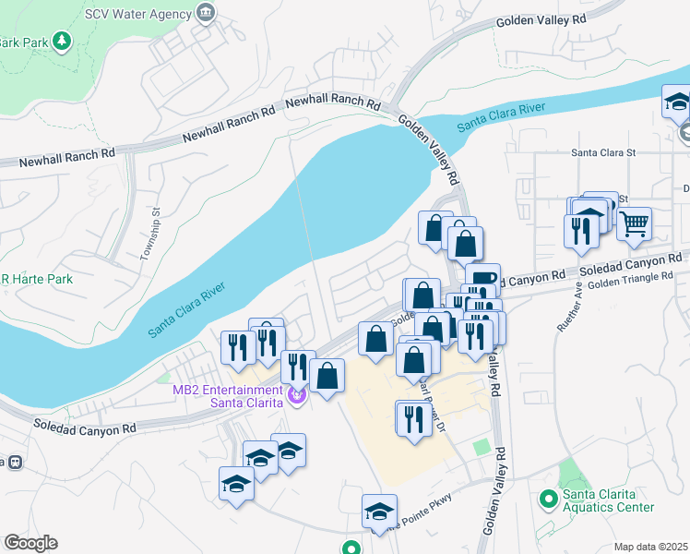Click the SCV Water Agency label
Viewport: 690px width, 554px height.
(138, 14)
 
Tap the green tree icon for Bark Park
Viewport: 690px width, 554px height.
(62, 41)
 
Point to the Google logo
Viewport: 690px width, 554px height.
(30, 543)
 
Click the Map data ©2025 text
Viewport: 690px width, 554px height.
(650, 547)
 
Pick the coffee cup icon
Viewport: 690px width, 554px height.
(483, 278)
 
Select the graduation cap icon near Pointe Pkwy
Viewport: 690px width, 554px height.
(379, 511)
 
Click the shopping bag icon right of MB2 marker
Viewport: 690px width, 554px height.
(327, 375)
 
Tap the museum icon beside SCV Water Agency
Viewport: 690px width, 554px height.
(205, 13)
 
